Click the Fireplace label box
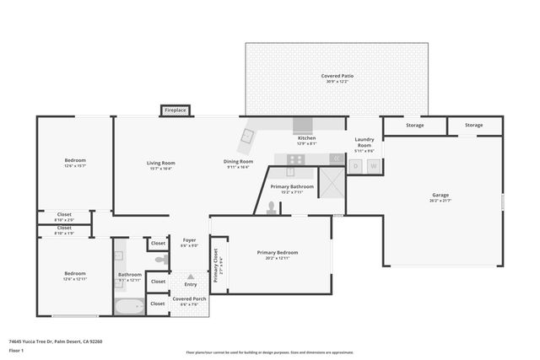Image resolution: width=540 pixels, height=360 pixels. click(x=175, y=110)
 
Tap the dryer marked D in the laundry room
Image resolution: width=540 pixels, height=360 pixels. click(x=355, y=167)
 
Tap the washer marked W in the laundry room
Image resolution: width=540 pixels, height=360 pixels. click(x=373, y=167)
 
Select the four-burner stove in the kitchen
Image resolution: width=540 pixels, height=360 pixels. click(x=295, y=159)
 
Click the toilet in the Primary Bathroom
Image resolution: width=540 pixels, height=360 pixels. click(x=271, y=207)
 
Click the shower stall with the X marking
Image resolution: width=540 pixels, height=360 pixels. click(x=332, y=182)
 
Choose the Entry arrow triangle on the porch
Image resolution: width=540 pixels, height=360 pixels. click(x=190, y=277)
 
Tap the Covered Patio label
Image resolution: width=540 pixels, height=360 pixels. click(x=337, y=76)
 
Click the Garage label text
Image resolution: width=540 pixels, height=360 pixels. click(x=440, y=195)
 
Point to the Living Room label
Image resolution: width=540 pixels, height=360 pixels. click(x=160, y=162)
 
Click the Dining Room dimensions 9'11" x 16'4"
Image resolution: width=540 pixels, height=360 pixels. click(x=238, y=168)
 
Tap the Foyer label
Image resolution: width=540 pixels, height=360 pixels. click(x=190, y=240)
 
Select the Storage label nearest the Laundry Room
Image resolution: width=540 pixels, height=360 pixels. click(x=414, y=126)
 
